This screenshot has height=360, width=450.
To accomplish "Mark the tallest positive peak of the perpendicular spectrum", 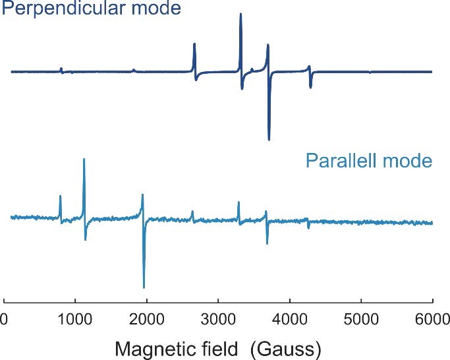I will pyautogui.click(x=240, y=15).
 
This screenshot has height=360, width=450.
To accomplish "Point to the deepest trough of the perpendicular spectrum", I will pyautogui.click(x=269, y=139).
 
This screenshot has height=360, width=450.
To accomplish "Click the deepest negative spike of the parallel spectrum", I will pyautogui.click(x=144, y=287).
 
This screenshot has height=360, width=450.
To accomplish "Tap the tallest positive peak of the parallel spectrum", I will pyautogui.click(x=84, y=160).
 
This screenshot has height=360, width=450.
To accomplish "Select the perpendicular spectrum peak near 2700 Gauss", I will pyautogui.click(x=194, y=45).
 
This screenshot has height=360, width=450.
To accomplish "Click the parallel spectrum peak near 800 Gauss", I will pyautogui.click(x=60, y=196).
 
